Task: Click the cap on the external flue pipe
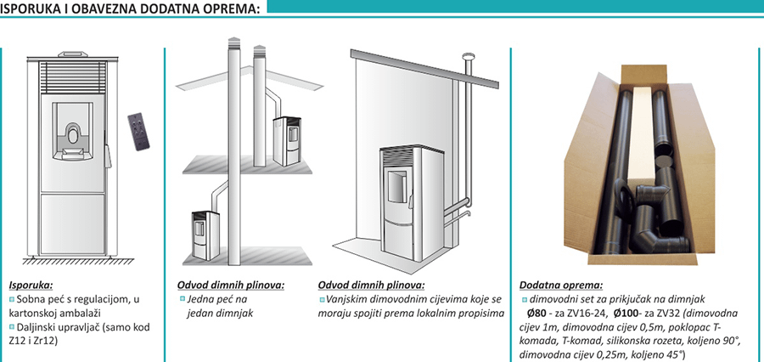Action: tap(467, 57)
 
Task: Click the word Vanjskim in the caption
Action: tap(345, 300)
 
